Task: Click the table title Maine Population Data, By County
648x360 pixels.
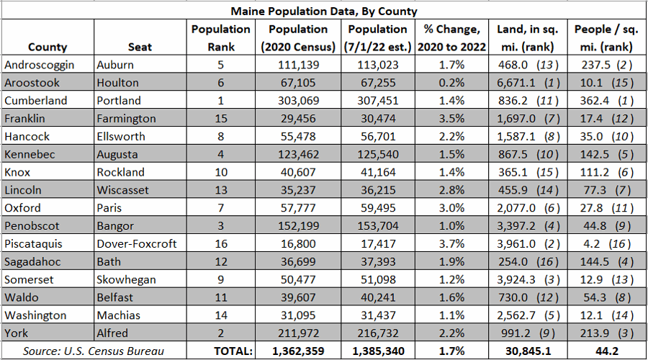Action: pyautogui.click(x=323, y=11)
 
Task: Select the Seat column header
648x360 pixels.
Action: pyautogui.click(x=140, y=47)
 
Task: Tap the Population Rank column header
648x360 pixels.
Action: pyautogui.click(x=220, y=37)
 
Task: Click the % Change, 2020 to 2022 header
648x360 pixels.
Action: pyautogui.click(x=451, y=37)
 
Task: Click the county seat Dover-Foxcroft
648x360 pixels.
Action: pyautogui.click(x=136, y=244)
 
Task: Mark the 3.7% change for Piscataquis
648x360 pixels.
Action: pyautogui.click(x=451, y=244)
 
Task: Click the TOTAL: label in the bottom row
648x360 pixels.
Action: pyautogui.click(x=232, y=351)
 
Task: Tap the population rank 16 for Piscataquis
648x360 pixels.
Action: pyautogui.click(x=220, y=244)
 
